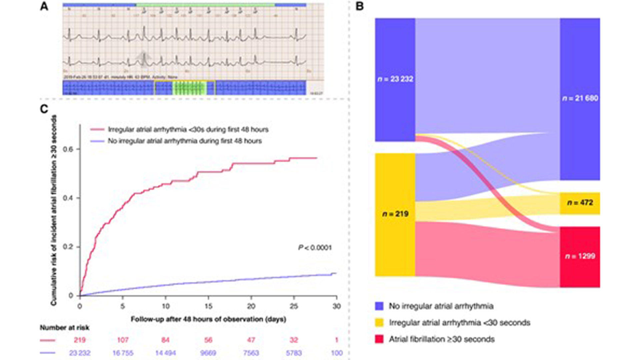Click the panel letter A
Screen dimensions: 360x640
[x=44, y=6]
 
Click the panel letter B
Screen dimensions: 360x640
[x=359, y=6]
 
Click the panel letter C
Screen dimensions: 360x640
[x=44, y=109]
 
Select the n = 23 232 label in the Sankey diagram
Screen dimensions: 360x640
[x=395, y=79]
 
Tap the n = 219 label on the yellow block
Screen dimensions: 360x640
[x=395, y=214]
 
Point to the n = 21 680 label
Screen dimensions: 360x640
[x=580, y=98]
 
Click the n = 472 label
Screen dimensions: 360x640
[x=580, y=203]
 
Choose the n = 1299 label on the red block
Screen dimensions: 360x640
[x=580, y=256]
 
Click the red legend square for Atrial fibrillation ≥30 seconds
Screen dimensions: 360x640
[x=379, y=339]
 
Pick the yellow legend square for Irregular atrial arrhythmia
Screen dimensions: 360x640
[x=379, y=323]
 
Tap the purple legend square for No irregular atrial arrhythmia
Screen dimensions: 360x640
[x=379, y=306]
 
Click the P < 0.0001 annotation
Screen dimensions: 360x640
[x=315, y=247]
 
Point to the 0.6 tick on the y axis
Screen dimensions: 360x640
[x=68, y=149]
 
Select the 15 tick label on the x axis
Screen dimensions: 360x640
[x=208, y=306]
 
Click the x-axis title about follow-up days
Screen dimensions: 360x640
[x=208, y=319]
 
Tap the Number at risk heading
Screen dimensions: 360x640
[x=64, y=328]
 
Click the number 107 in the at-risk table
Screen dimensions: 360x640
[x=123, y=340]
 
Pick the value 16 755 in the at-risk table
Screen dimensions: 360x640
[x=123, y=353]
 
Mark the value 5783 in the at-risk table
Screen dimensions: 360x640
[x=294, y=353]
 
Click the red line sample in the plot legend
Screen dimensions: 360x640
[x=97, y=130]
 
